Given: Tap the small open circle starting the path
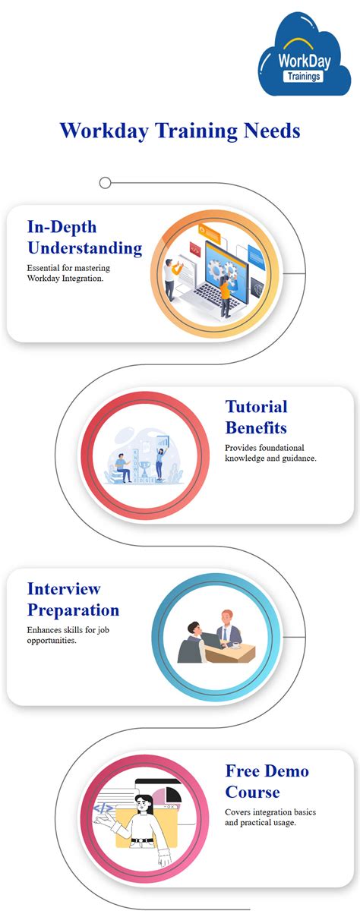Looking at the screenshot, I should coord(105,182).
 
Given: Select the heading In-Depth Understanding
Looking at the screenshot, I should coord(84,237).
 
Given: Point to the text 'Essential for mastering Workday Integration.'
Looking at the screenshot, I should coord(75,273).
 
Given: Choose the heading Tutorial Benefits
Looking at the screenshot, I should coord(256,417).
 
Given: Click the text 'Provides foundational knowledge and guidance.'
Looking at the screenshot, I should coord(281,453).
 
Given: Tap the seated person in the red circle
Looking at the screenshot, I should coord(122,465).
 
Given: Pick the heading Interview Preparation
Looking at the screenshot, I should coord(73,599).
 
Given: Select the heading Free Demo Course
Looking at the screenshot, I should coord(267,781).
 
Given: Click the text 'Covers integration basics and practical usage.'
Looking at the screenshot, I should coord(270,818).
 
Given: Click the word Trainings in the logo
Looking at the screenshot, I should coord(303,76).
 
